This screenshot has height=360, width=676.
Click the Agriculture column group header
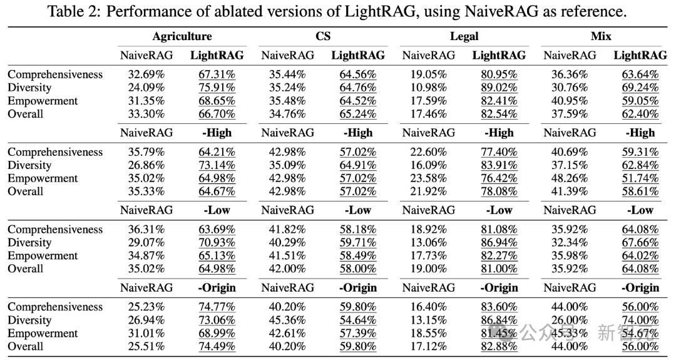point(182,36)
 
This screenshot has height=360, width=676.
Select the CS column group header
point(323,36)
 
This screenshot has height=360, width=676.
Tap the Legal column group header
point(464,36)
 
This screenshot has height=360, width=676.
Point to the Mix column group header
point(601,36)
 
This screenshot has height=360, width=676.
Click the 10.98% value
point(429,88)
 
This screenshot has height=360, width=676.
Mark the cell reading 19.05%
point(429,75)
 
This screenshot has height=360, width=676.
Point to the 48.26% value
point(570,178)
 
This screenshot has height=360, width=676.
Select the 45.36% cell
point(287,321)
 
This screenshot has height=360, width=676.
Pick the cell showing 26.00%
point(570,321)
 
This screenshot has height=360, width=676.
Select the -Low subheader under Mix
point(640,210)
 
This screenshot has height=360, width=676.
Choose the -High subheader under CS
point(358,133)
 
